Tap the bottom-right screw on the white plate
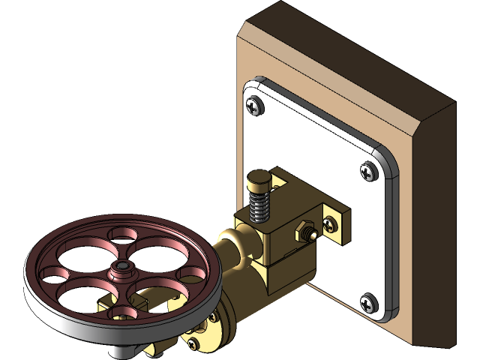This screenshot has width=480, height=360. click(x=367, y=303)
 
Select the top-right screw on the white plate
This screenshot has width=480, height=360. click(x=368, y=170)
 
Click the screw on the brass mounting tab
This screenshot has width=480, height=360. click(x=330, y=223)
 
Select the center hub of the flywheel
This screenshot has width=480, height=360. click(x=119, y=268)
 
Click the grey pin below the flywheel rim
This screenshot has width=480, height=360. click(x=120, y=349)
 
